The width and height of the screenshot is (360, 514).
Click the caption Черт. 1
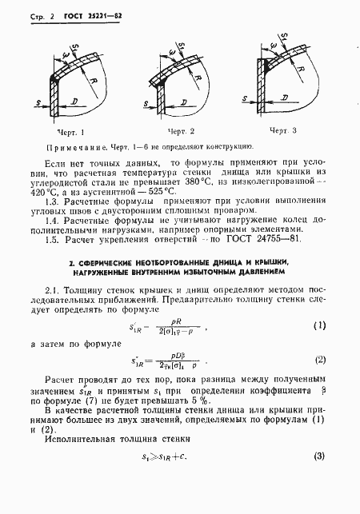point(71,130)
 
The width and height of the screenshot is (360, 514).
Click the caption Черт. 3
point(282,129)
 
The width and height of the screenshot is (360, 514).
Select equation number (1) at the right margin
point(319,325)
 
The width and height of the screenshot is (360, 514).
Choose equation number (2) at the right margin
point(319,361)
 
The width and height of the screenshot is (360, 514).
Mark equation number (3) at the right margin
point(319,456)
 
